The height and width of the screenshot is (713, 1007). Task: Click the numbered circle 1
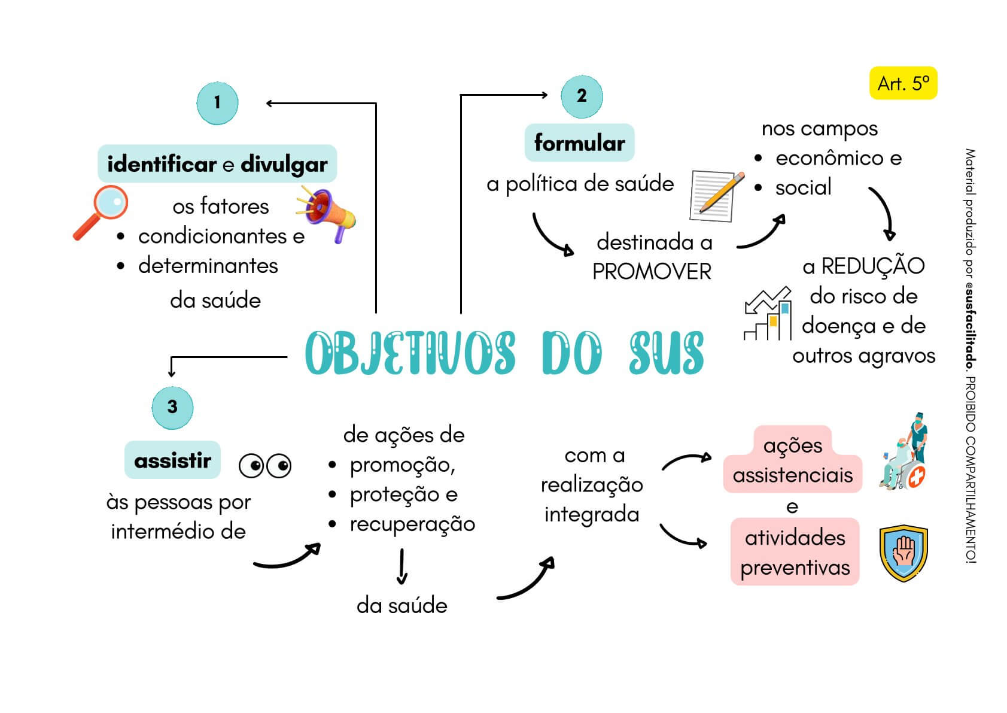(x=217, y=103)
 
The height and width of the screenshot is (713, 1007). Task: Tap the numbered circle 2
(x=582, y=96)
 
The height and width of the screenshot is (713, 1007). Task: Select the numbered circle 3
(x=172, y=408)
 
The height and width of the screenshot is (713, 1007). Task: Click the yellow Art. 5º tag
(x=903, y=84)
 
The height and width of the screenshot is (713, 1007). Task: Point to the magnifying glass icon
(x=102, y=211)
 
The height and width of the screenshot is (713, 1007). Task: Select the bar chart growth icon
(x=767, y=314)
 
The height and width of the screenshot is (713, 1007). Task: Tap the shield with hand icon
(x=903, y=553)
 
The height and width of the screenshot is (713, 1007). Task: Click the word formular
(x=579, y=143)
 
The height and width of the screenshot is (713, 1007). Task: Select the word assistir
(x=172, y=460)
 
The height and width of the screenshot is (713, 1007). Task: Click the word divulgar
(x=284, y=165)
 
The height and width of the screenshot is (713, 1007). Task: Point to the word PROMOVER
(x=652, y=272)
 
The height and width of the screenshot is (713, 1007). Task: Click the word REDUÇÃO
(x=872, y=266)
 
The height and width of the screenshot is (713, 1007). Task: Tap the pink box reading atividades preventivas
(x=795, y=552)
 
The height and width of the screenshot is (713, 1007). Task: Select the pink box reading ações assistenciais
(x=792, y=460)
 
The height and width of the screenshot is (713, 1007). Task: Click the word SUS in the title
(x=666, y=353)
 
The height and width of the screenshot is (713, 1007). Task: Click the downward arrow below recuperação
(x=402, y=566)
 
